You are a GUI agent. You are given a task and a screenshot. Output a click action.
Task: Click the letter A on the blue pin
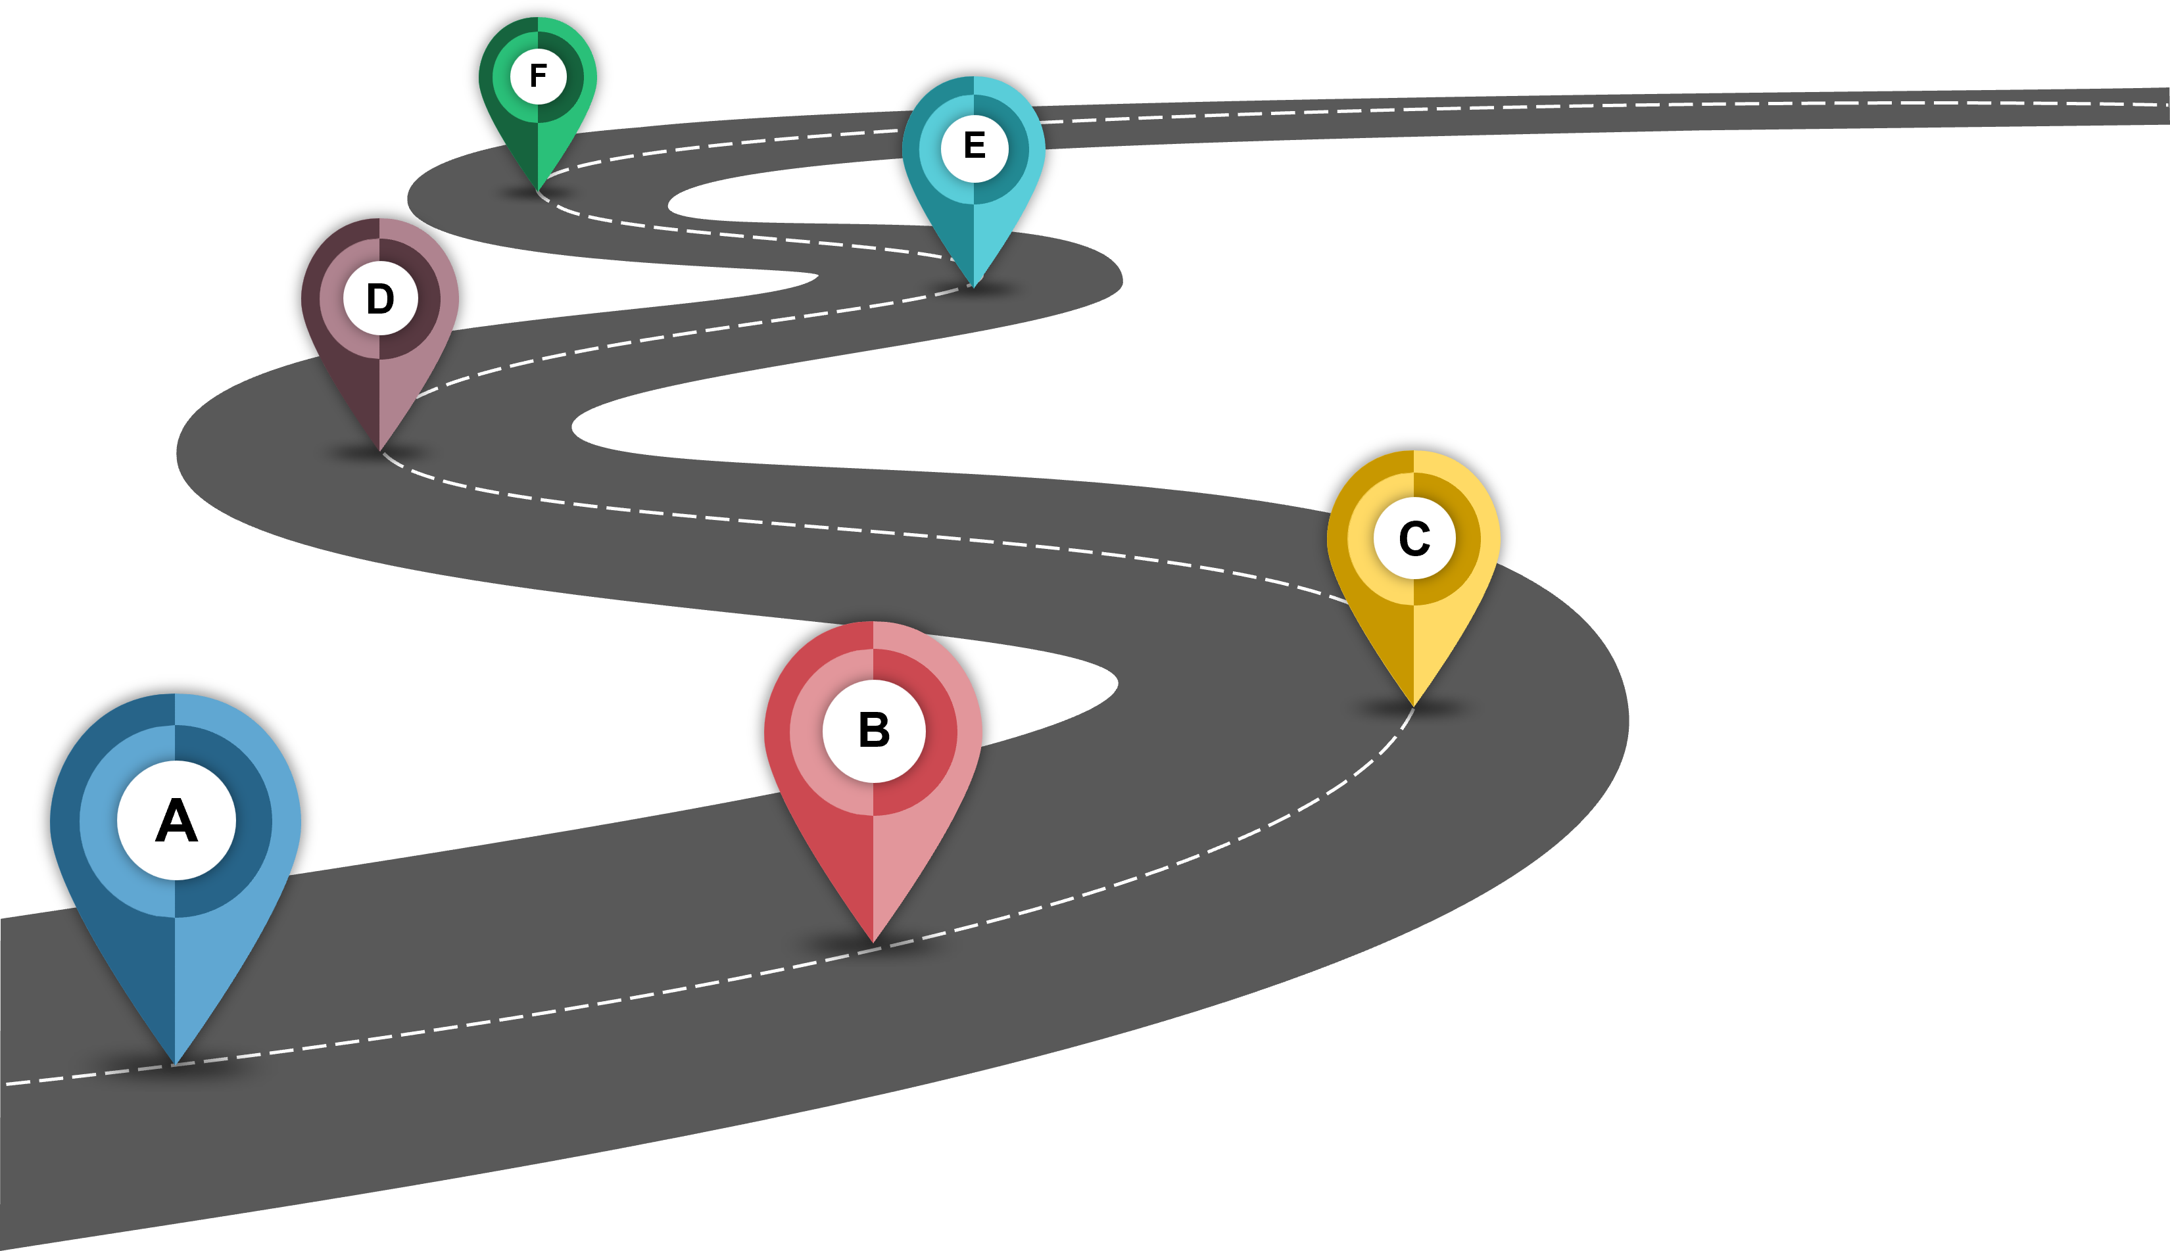pyautogui.click(x=176, y=820)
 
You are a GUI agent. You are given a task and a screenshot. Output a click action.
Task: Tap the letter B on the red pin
pyautogui.click(x=874, y=730)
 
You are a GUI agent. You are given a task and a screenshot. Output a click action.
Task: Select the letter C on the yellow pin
pyautogui.click(x=1414, y=538)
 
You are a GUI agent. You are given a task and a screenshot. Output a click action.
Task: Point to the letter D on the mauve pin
pyautogui.click(x=380, y=299)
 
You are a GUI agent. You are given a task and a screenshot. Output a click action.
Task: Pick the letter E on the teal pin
pyautogui.click(x=975, y=145)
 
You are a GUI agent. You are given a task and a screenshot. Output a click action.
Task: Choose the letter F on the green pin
pyautogui.click(x=539, y=76)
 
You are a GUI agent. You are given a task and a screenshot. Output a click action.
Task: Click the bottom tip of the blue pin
pyautogui.click(x=176, y=1064)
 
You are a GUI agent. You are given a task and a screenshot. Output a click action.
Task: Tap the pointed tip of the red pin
pyautogui.click(x=873, y=943)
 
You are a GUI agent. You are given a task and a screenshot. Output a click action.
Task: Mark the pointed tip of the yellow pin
pyautogui.click(x=1414, y=706)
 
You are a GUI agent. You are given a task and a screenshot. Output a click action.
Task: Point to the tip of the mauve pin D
pyautogui.click(x=380, y=451)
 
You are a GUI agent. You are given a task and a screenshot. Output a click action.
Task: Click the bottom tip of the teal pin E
pyautogui.click(x=974, y=286)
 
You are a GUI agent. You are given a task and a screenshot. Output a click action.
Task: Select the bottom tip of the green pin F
pyautogui.click(x=538, y=189)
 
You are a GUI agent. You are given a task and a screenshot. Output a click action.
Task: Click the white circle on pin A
pyautogui.click(x=176, y=820)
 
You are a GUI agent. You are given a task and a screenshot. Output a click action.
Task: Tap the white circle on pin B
pyautogui.click(x=874, y=731)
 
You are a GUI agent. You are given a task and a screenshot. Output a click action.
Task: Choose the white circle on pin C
pyautogui.click(x=1414, y=538)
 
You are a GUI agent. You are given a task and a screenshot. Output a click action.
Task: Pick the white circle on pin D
pyautogui.click(x=380, y=299)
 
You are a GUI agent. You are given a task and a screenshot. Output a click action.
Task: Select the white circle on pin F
pyautogui.click(x=539, y=76)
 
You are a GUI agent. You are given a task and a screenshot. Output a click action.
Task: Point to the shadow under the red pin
pyautogui.click(x=873, y=947)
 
